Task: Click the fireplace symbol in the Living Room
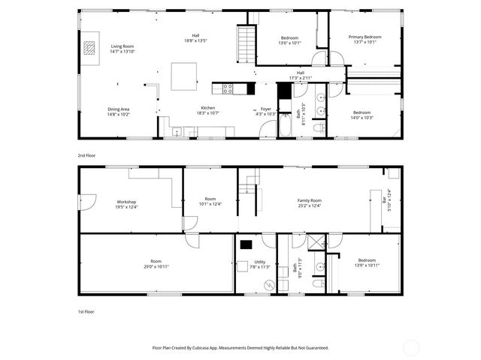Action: [89, 48]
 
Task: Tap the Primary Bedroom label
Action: [365, 37]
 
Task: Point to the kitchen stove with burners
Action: [229, 88]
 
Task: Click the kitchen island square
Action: [184, 76]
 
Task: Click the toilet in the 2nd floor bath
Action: [317, 129]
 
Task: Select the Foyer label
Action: [266, 109]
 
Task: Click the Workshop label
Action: [126, 202]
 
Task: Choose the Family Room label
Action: [309, 200]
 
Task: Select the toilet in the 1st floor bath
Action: [317, 283]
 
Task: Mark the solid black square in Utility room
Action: [247, 243]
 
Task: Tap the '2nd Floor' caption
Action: [86, 155]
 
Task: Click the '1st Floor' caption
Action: [86, 311]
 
